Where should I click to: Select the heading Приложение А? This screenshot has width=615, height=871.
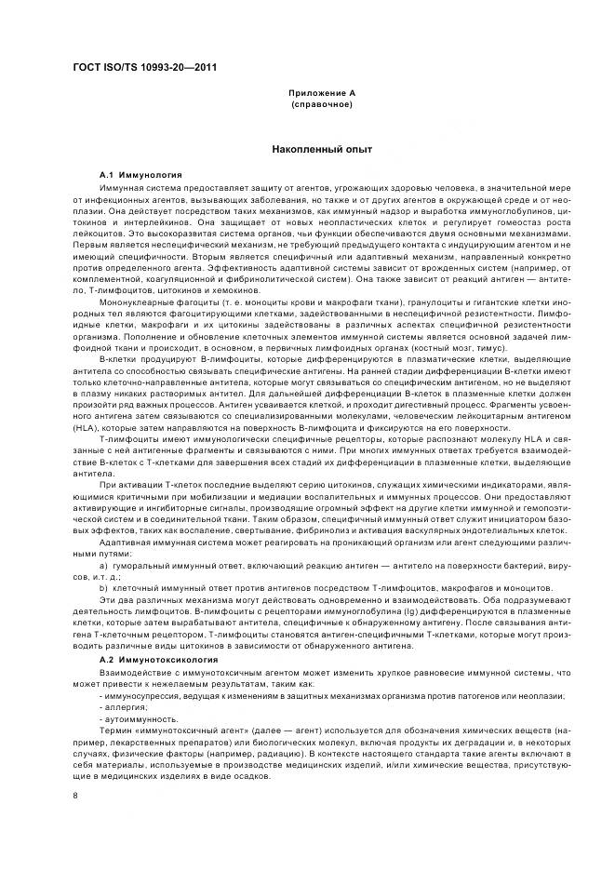pos(322,93)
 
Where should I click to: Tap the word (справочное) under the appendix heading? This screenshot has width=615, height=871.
pos(322,104)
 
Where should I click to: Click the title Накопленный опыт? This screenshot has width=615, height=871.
pos(322,149)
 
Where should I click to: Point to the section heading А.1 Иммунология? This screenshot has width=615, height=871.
pos(140,175)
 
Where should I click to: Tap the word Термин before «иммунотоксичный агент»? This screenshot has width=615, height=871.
pos(115,731)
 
